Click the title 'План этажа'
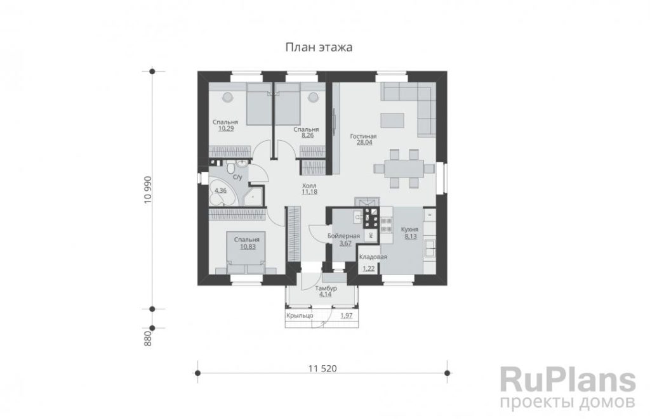click(x=319, y=48)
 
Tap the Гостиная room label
click(x=363, y=136)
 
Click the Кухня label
click(x=409, y=229)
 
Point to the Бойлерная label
click(x=343, y=236)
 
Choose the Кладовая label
click(x=373, y=257)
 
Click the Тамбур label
click(x=326, y=288)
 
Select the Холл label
click(x=309, y=186)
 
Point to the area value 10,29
click(x=226, y=128)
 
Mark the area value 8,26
click(x=307, y=136)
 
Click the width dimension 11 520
click(x=322, y=368)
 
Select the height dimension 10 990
click(x=148, y=190)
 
